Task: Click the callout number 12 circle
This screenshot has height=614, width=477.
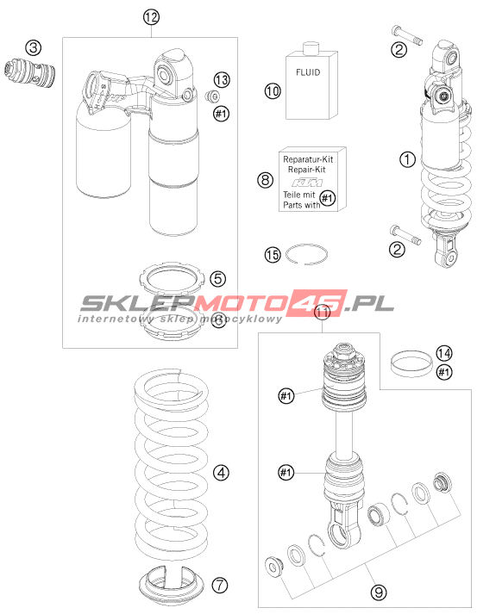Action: [152, 17]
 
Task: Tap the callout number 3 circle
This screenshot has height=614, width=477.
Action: [34, 47]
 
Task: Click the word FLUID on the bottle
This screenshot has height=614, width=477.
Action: [308, 72]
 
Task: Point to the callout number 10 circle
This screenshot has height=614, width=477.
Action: [273, 91]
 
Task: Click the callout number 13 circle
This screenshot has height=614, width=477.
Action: [222, 80]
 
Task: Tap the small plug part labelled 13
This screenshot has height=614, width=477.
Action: [212, 96]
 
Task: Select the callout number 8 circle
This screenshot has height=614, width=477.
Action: [265, 180]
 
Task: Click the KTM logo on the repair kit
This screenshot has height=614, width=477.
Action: [308, 183]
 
